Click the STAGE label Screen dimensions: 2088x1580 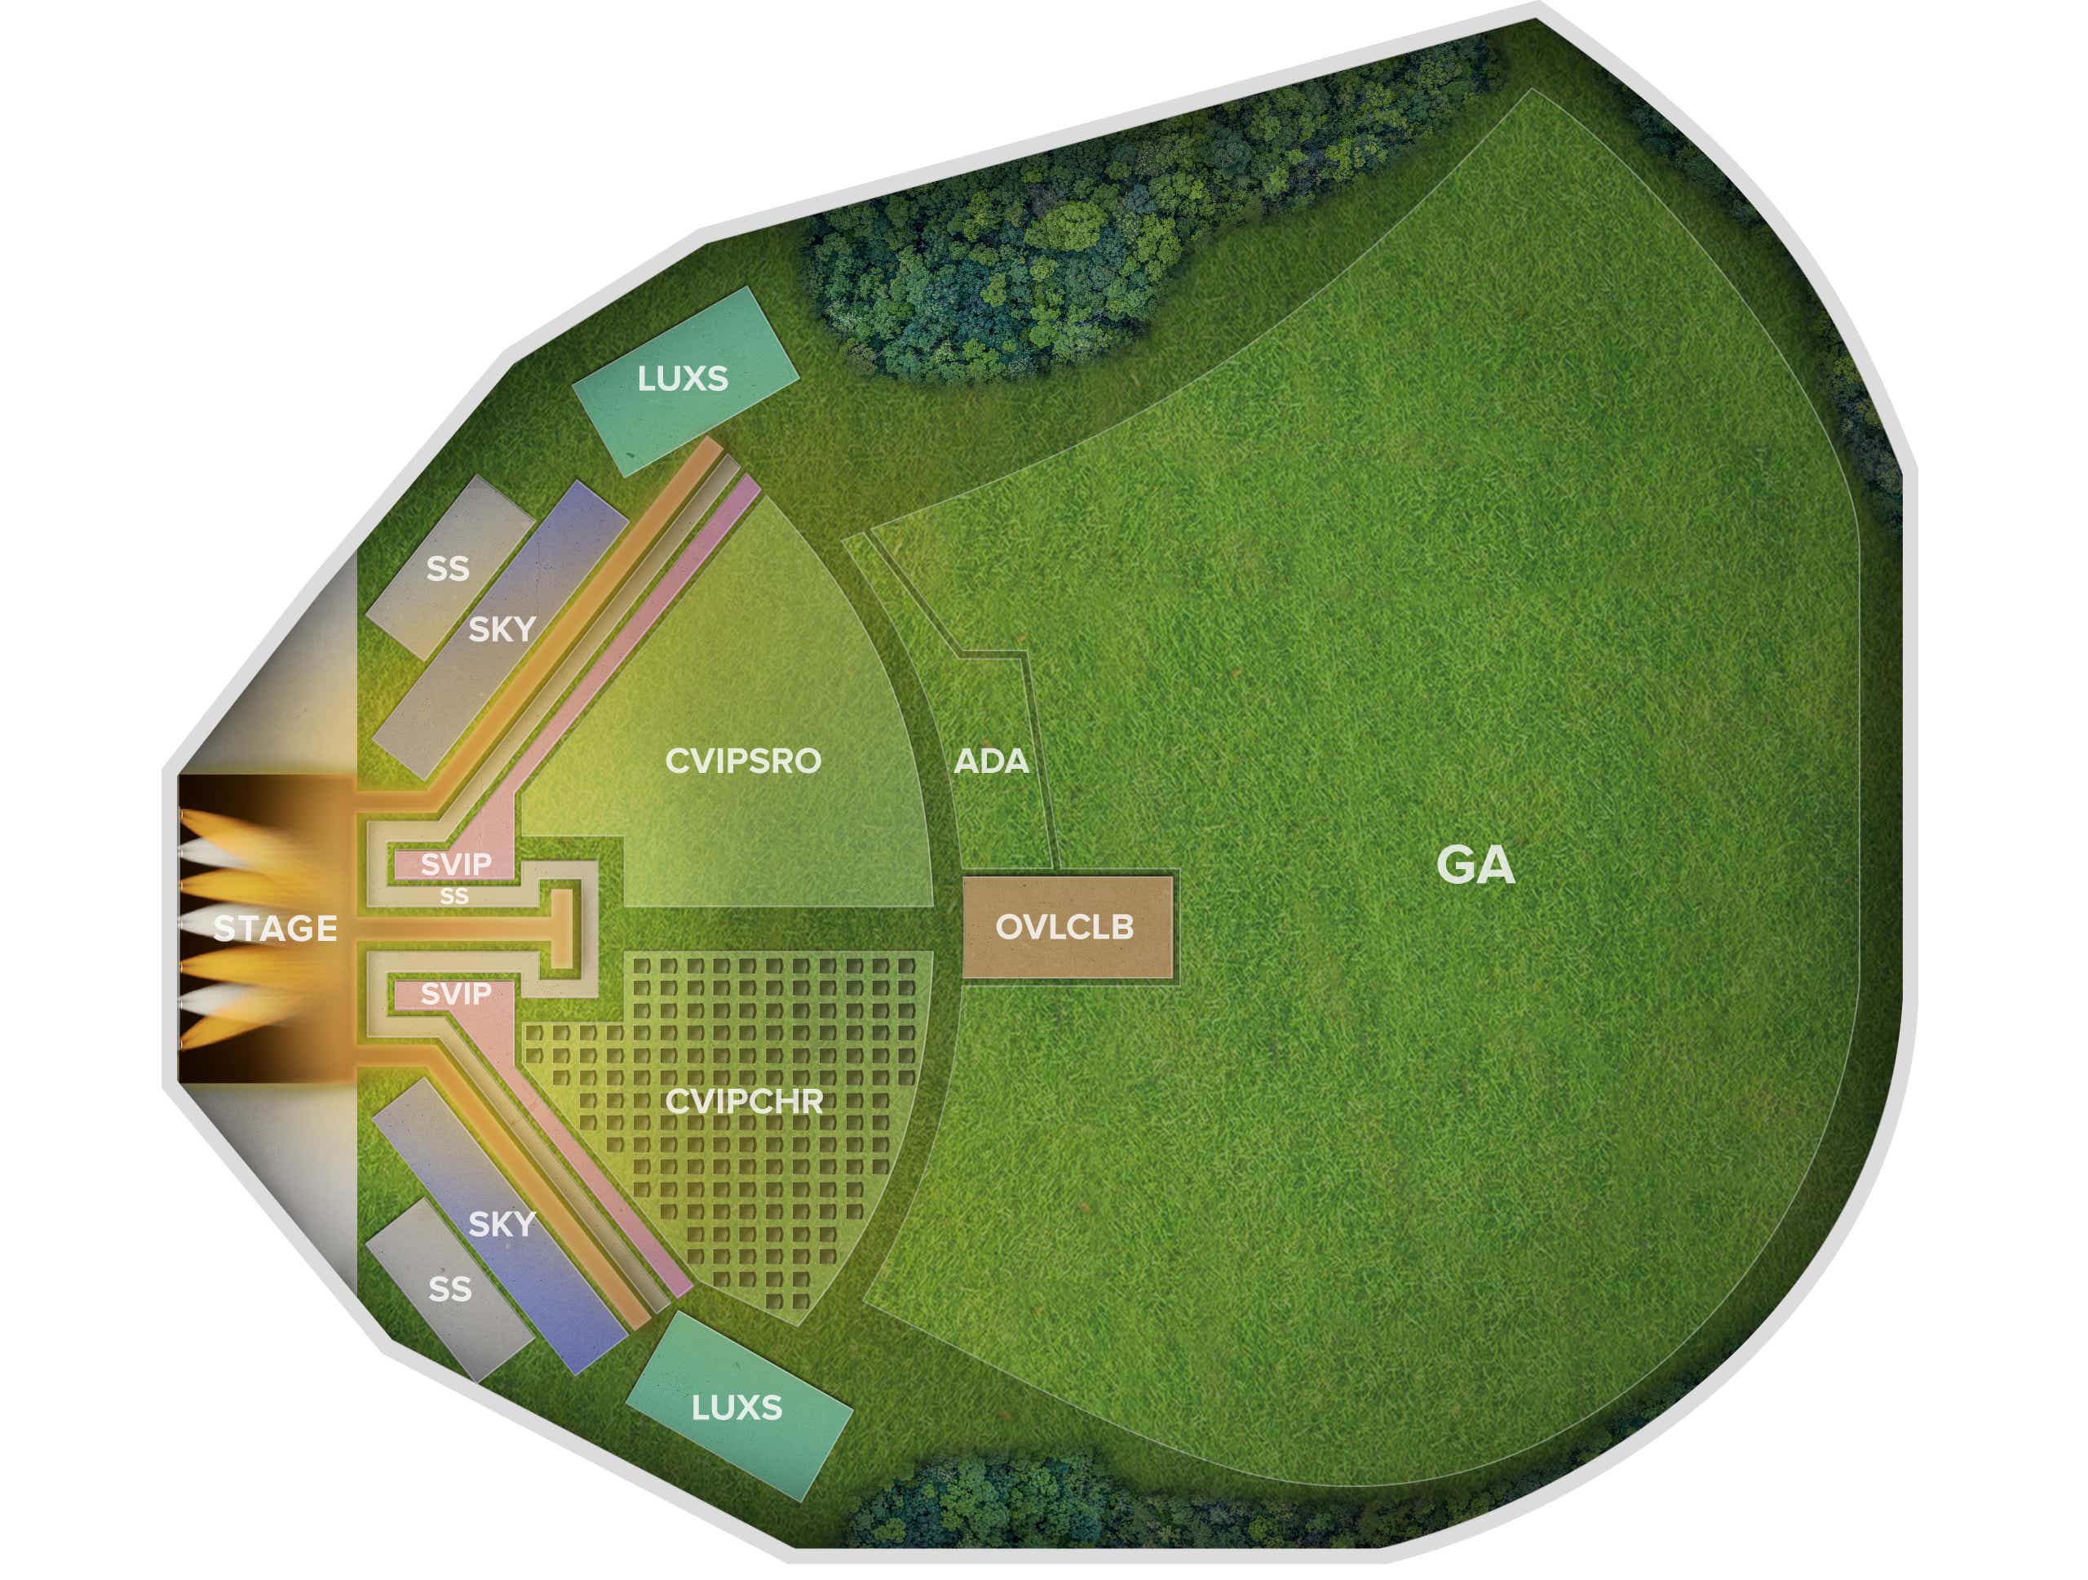[275, 929]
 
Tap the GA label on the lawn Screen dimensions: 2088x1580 [1475, 864]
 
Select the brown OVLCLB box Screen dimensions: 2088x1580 [1067, 926]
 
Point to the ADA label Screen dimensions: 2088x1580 [990, 761]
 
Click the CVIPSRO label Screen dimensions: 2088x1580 [743, 761]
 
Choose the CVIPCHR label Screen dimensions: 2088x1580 [744, 1101]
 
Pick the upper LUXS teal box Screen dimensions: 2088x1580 [686, 379]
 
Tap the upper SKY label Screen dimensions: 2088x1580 [502, 629]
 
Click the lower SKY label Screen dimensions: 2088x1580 [502, 1224]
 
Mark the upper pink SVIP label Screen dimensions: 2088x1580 [456, 863]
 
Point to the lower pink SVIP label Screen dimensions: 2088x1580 [456, 993]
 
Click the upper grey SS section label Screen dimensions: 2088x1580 [448, 569]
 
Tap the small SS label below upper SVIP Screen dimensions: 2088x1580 [454, 896]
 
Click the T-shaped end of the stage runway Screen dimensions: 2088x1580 [563, 929]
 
